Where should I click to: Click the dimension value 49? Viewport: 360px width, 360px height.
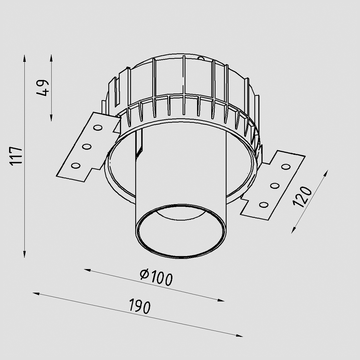pyautogui.click(x=43, y=88)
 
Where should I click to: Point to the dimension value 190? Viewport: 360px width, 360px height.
pyautogui.click(x=140, y=308)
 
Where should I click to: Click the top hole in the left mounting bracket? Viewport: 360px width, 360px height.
pyautogui.click(x=98, y=128)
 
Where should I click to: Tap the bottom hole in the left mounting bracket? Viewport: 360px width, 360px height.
pyautogui.click(x=76, y=166)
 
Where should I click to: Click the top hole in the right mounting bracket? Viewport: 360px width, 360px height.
pyautogui.click(x=286, y=166)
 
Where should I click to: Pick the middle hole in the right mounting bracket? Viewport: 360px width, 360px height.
pyautogui.click(x=275, y=186)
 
